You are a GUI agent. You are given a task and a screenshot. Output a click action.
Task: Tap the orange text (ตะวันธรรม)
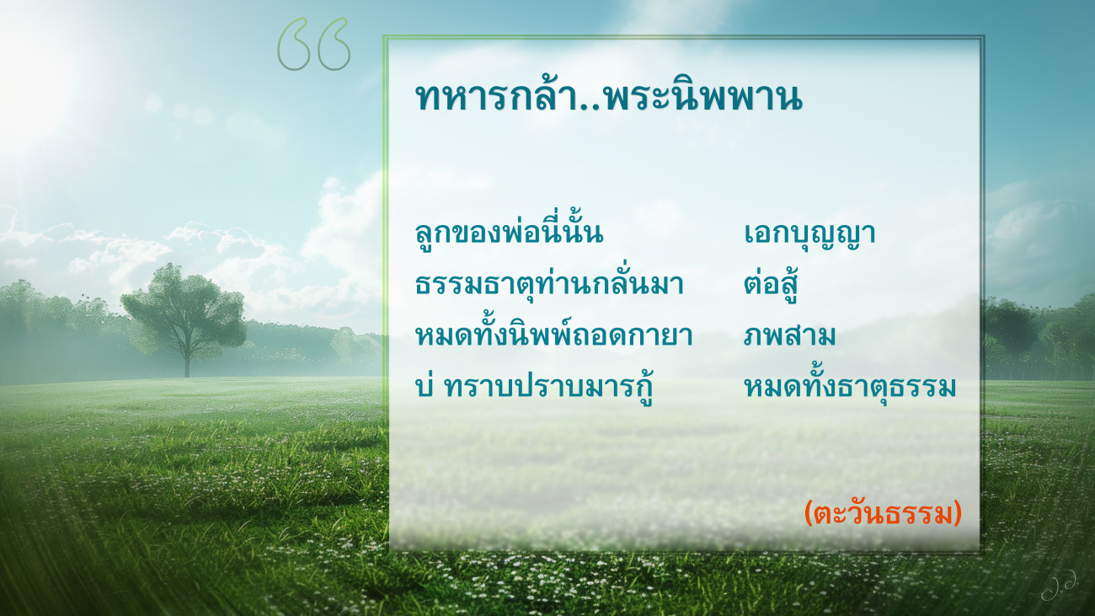click(883, 514)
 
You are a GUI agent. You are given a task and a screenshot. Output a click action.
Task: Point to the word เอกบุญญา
click(809, 233)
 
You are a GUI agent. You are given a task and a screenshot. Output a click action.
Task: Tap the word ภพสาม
click(789, 336)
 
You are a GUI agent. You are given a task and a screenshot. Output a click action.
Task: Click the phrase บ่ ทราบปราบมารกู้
click(534, 386)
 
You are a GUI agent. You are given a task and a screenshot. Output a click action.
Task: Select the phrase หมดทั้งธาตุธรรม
click(850, 386)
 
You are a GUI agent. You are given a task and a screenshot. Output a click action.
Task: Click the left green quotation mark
click(294, 44)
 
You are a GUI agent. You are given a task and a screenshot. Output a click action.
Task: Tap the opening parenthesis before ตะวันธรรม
click(809, 514)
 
